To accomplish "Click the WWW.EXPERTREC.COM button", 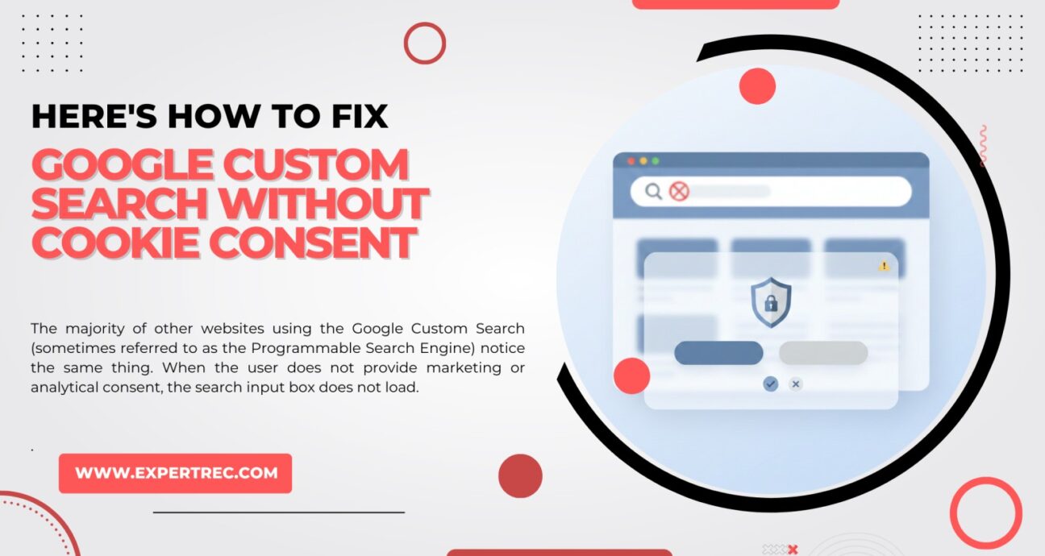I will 175,473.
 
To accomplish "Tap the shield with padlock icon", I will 771,302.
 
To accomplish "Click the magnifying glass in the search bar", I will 653,191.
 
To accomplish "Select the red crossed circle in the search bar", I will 679,191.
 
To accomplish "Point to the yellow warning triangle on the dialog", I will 884,265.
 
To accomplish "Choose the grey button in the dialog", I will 822,353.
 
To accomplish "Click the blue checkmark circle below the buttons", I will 771,384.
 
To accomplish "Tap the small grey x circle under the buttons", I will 796,384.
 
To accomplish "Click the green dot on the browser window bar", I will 655,161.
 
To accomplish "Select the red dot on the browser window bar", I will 631,161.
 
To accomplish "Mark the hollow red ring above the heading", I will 425,44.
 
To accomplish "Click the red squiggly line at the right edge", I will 983,146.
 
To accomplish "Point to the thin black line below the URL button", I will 278,512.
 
